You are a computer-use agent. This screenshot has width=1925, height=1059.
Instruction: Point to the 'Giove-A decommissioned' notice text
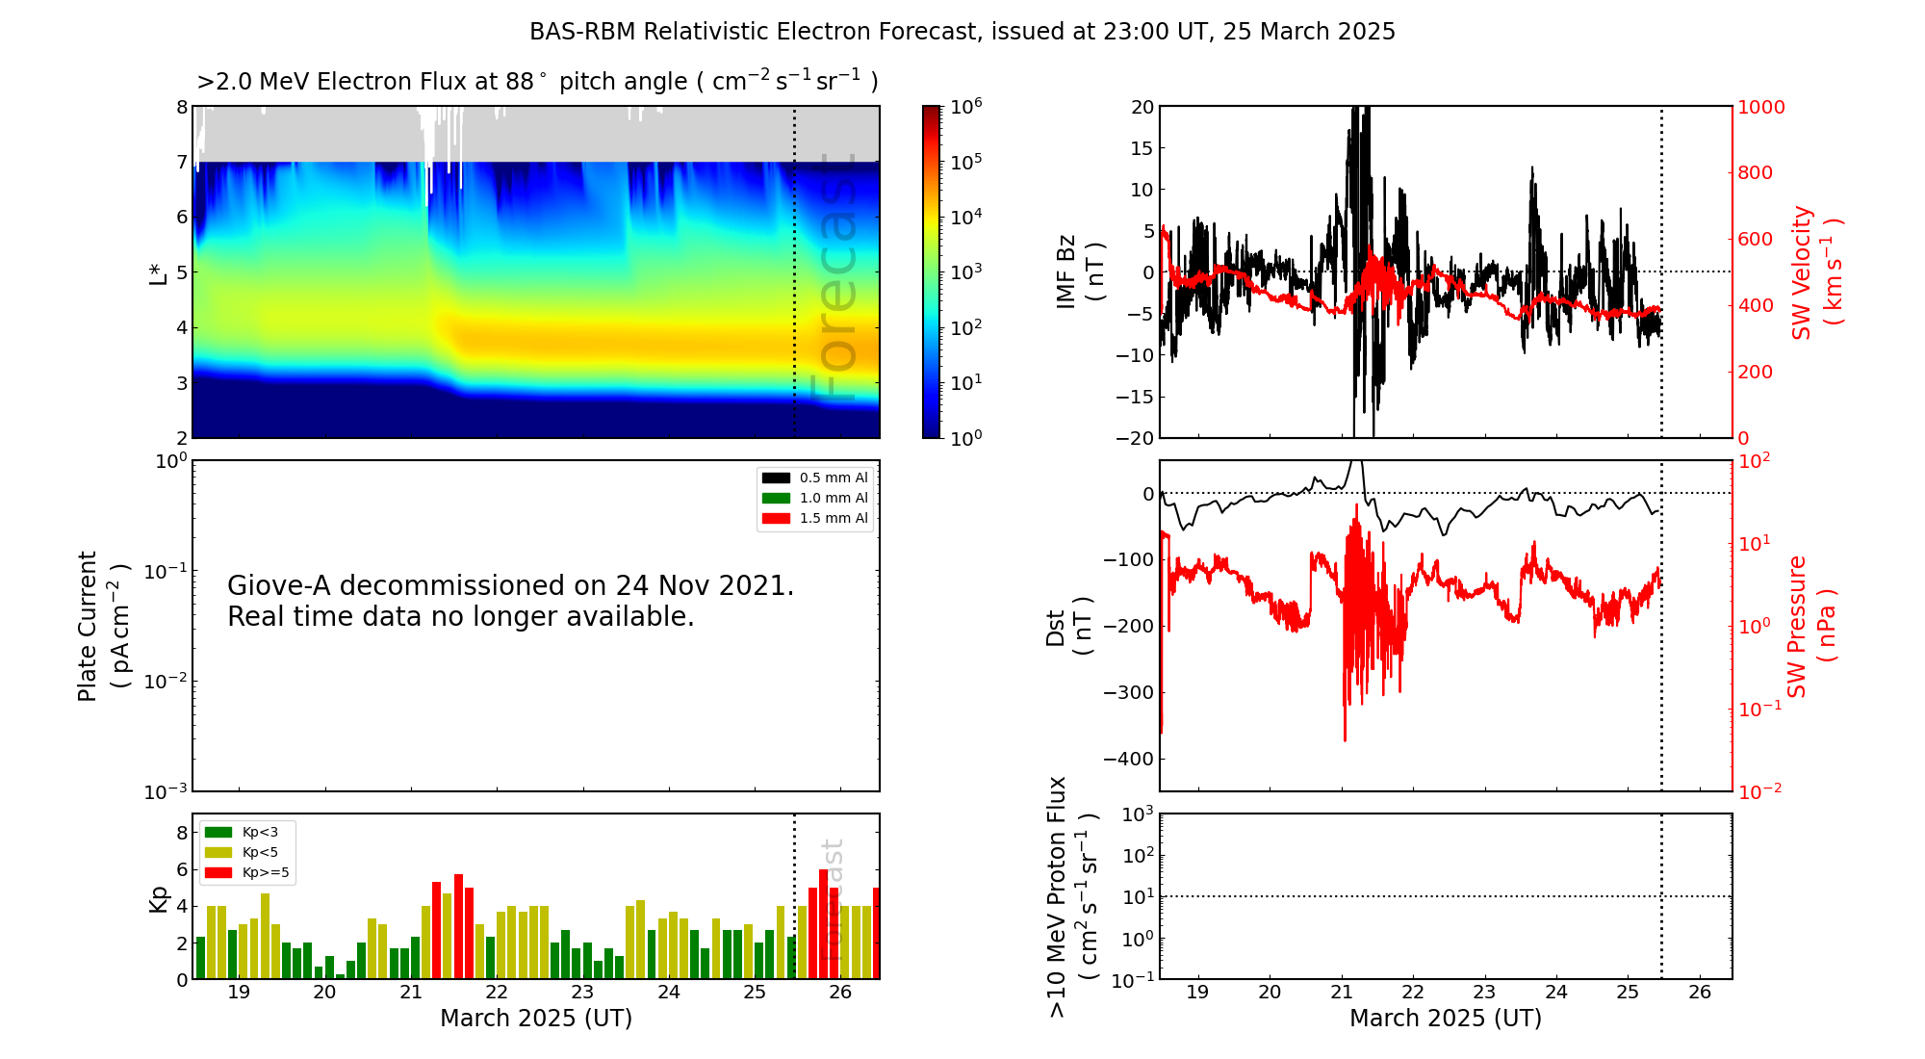point(511,601)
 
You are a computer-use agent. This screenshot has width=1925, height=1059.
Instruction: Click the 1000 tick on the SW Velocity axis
point(1761,107)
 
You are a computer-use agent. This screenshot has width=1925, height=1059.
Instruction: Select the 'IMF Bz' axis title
point(1080,271)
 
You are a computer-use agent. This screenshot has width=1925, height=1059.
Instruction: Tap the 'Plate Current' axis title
point(103,626)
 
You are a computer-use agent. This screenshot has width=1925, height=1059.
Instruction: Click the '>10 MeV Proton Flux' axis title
point(1072,896)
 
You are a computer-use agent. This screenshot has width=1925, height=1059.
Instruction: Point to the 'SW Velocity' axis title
point(1816,271)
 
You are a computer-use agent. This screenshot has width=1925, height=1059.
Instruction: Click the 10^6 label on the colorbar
point(966,105)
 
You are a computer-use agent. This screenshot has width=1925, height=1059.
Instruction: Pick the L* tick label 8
point(182,107)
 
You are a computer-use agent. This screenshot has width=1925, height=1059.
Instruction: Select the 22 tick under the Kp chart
point(497,993)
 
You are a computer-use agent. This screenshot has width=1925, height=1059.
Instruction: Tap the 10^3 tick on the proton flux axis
point(1139,814)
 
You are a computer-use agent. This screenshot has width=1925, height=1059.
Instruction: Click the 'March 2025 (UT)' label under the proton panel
point(1446,1019)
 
